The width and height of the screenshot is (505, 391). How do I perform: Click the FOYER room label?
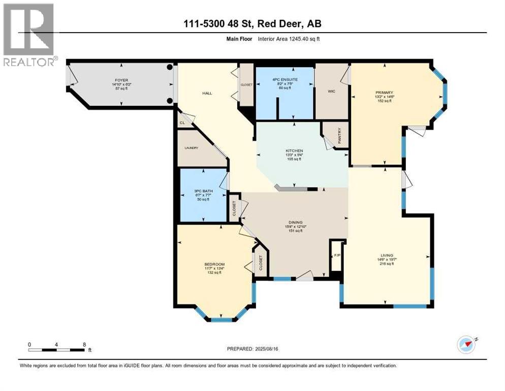click(121, 80)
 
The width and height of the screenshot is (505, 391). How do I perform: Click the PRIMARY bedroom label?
click(385, 92)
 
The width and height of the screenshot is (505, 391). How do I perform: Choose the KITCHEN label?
click(294, 151)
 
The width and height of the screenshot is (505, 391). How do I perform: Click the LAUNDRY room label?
click(192, 148)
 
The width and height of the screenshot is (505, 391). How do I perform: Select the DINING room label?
click(296, 222)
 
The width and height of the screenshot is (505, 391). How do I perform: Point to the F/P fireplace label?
click(336, 256)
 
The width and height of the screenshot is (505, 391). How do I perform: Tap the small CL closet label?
click(181, 123)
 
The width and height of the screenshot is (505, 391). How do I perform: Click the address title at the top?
click(252, 23)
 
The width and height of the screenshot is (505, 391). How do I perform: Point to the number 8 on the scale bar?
click(84, 344)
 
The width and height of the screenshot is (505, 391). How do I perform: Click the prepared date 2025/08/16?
click(252, 349)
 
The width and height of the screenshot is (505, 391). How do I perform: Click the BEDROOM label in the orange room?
click(214, 264)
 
